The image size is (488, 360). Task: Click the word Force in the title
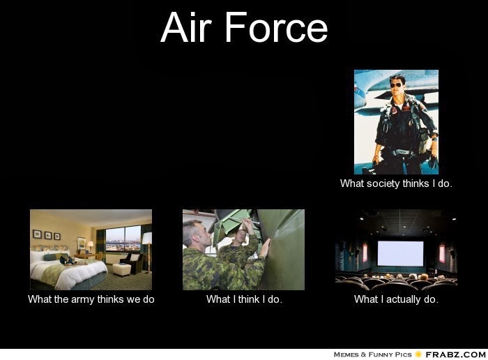276,27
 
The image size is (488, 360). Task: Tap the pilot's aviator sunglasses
396,85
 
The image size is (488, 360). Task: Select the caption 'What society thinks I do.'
396,183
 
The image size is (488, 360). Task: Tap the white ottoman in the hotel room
122,269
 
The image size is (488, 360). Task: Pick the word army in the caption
83,299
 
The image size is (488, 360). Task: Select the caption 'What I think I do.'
244,299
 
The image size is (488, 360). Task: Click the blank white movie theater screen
400,253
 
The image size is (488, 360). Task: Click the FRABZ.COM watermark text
456,354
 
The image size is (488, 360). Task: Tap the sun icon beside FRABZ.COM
418,354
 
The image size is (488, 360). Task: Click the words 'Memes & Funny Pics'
372,354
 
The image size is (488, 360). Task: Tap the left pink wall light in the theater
365,253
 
